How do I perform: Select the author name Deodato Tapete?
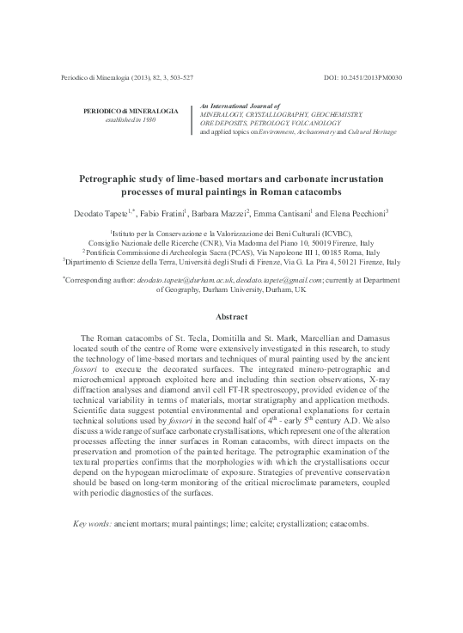[x=97, y=211]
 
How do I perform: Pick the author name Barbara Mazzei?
[x=219, y=211]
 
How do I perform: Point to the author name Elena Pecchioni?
[x=353, y=211]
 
